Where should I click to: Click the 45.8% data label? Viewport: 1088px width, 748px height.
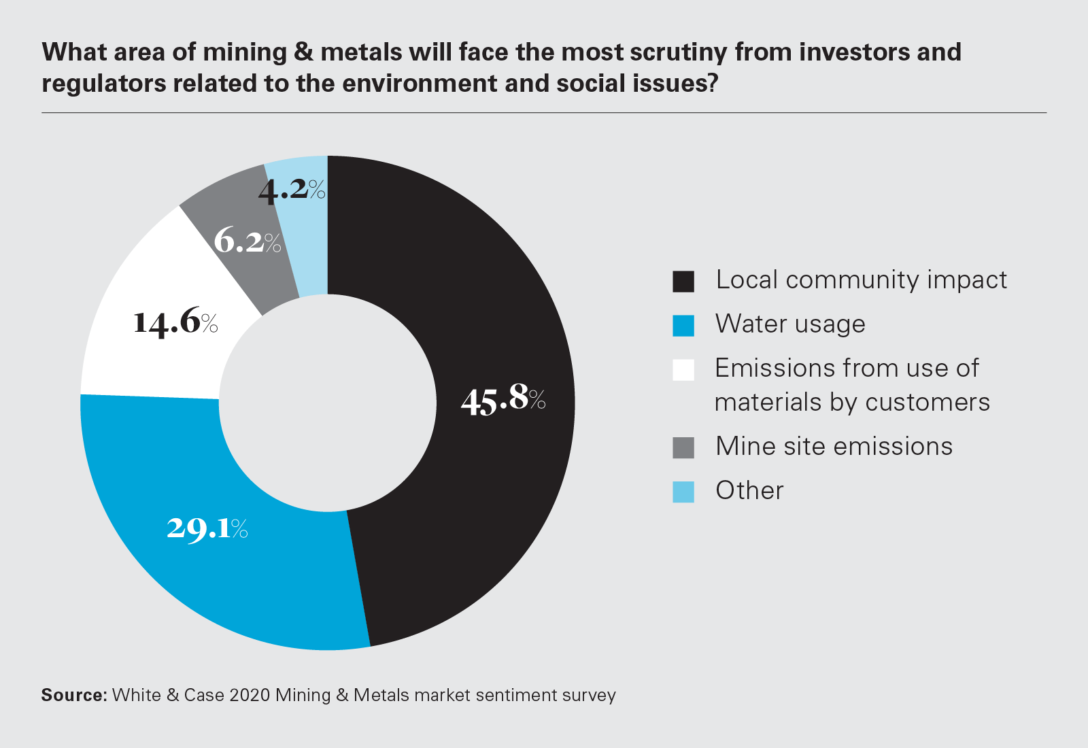coord(503,399)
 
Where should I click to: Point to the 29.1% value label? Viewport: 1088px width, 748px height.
coord(207,528)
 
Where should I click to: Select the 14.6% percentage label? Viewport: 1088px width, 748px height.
coord(175,322)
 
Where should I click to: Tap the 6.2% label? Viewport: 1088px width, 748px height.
coord(247,241)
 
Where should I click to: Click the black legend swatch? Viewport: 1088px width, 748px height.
coord(683,282)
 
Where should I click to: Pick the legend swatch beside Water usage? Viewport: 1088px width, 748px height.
coord(683,326)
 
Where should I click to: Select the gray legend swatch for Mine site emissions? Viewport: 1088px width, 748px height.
coord(683,448)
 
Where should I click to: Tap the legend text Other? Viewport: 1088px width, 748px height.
coord(749,490)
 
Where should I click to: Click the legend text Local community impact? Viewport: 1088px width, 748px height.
coord(861,280)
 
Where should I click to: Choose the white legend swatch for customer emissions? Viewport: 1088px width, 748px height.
coord(683,370)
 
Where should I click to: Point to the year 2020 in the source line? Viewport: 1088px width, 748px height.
coord(250,695)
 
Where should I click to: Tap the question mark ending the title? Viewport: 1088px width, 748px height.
coord(712,84)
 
